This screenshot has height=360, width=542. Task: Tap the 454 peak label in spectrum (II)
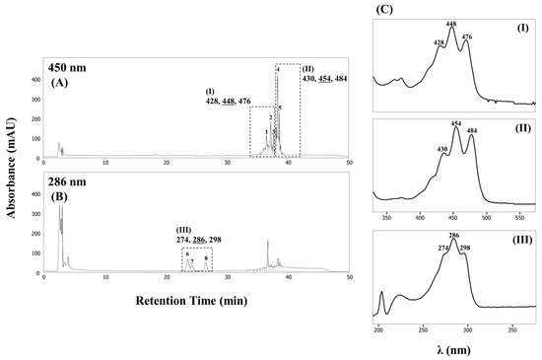pos(455,124)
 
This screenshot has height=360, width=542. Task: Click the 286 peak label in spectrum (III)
pos(454,236)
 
